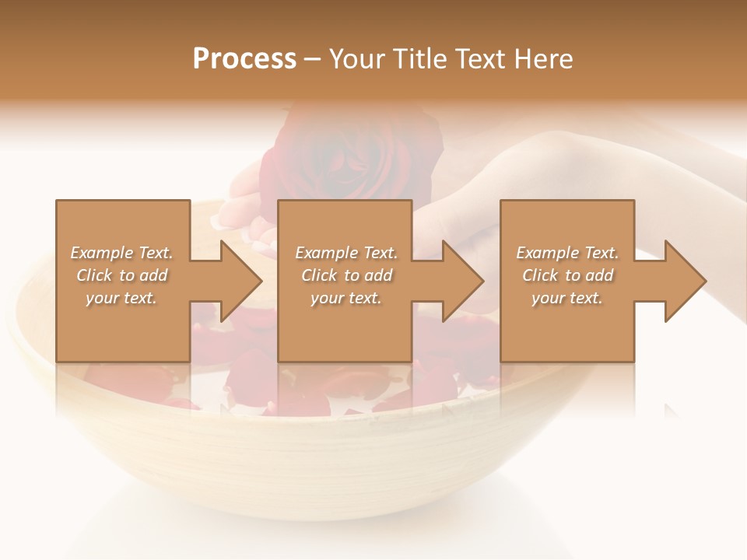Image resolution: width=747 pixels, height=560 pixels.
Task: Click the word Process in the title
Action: [x=244, y=59]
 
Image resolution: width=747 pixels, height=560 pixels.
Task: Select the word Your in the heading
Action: [x=356, y=59]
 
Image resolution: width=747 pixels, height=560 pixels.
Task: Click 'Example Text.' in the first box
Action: [x=121, y=253]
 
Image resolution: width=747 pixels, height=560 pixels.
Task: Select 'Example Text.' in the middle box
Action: [x=346, y=253]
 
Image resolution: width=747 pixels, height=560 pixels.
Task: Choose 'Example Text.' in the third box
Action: [x=567, y=253]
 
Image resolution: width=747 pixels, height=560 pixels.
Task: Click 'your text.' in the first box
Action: [x=121, y=298]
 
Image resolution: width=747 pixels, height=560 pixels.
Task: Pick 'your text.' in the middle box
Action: [x=346, y=298]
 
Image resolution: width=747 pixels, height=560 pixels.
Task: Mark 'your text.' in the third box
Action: [x=567, y=298]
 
